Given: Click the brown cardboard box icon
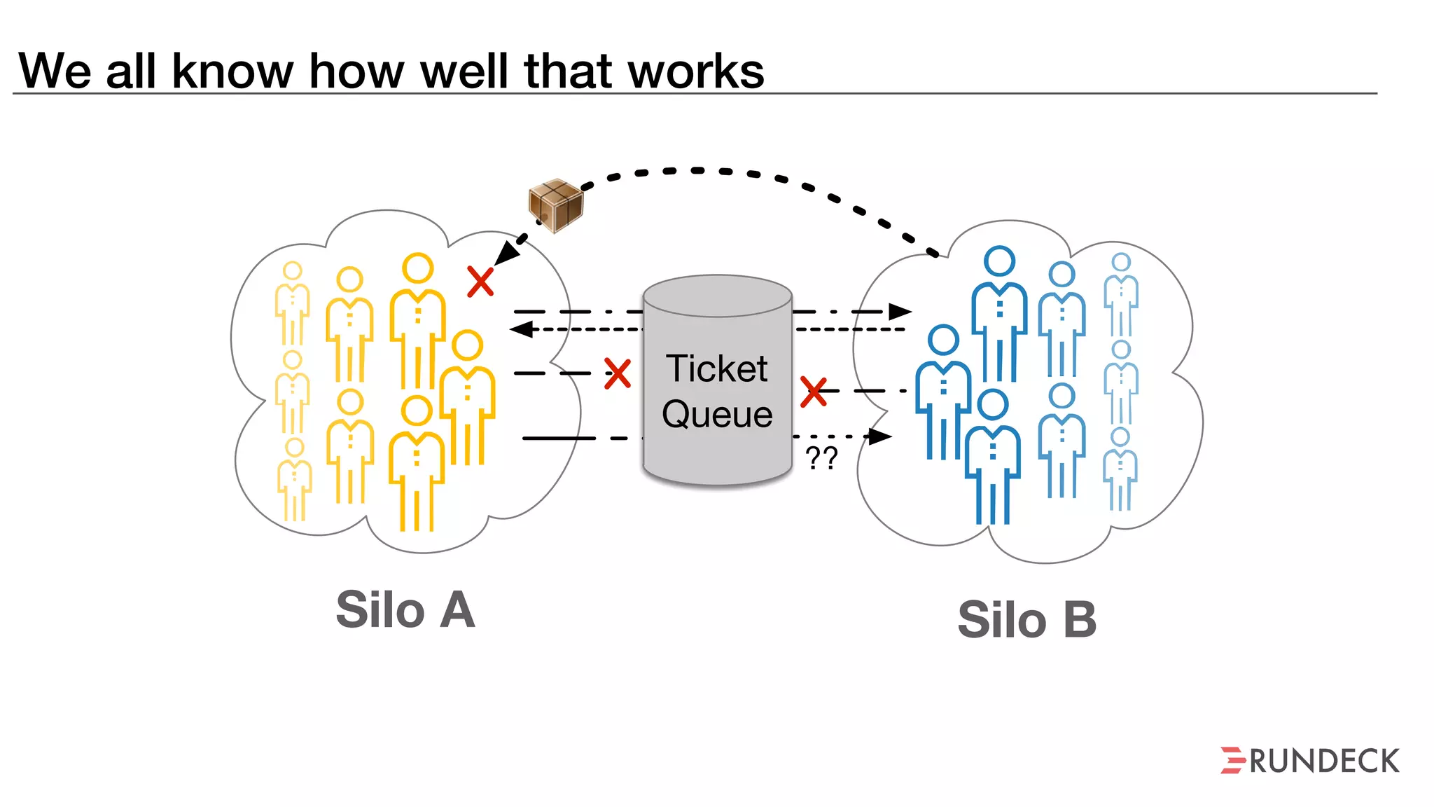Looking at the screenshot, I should click(555, 205).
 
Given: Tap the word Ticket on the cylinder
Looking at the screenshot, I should click(716, 368).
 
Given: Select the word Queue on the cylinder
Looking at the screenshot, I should click(717, 414).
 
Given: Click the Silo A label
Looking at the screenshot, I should click(405, 610).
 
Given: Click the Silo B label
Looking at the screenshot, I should click(1026, 620).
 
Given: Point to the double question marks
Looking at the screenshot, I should click(821, 458).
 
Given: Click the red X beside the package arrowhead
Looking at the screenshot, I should click(480, 282).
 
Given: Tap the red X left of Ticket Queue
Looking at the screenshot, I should click(617, 373).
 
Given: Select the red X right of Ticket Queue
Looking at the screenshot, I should click(814, 392).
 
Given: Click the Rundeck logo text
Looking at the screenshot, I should click(1324, 761).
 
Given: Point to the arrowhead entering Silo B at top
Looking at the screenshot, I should click(900, 311).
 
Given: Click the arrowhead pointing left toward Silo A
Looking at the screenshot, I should click(521, 329).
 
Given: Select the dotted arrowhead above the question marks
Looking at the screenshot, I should click(880, 436).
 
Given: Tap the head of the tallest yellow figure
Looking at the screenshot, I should click(417, 268).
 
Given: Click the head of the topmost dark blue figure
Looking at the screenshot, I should click(999, 261).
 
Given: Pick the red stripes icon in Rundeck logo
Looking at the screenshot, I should click(1232, 761).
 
